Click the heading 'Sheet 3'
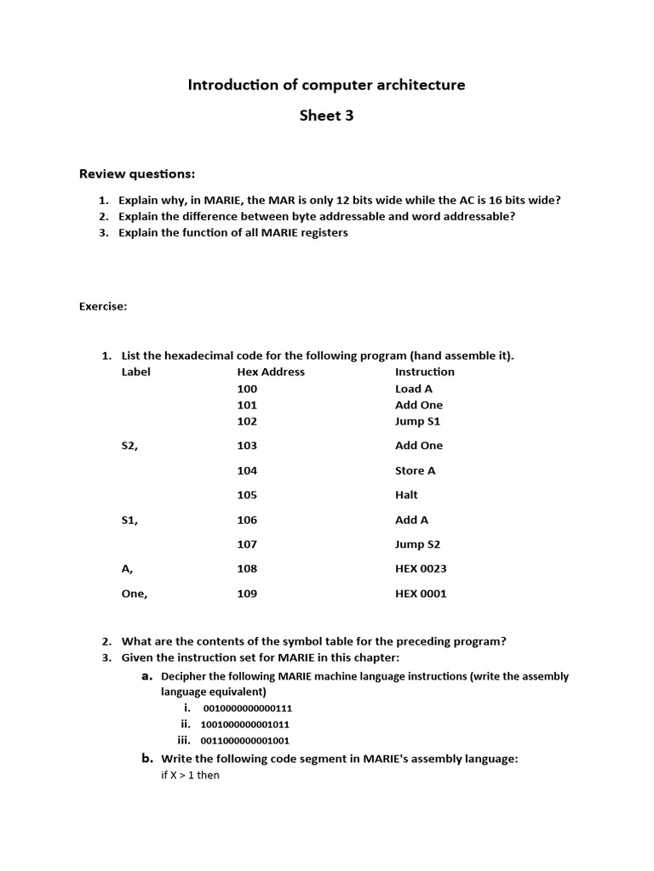(x=326, y=116)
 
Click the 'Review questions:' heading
(x=137, y=174)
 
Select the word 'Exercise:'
(x=103, y=307)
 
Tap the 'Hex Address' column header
(x=271, y=372)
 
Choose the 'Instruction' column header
(x=425, y=372)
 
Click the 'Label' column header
(x=136, y=372)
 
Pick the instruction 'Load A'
(x=414, y=389)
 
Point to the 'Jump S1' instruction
(x=417, y=421)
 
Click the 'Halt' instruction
(x=407, y=495)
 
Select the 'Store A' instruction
(x=416, y=470)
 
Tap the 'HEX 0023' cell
(x=421, y=569)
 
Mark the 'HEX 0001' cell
(x=421, y=594)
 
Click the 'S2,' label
(x=130, y=446)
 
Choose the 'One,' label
(x=135, y=594)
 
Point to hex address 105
(x=247, y=495)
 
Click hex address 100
(x=247, y=389)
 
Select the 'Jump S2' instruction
(x=417, y=544)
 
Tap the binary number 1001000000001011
(x=245, y=725)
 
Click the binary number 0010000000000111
(x=248, y=709)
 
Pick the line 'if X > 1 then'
(x=190, y=776)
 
